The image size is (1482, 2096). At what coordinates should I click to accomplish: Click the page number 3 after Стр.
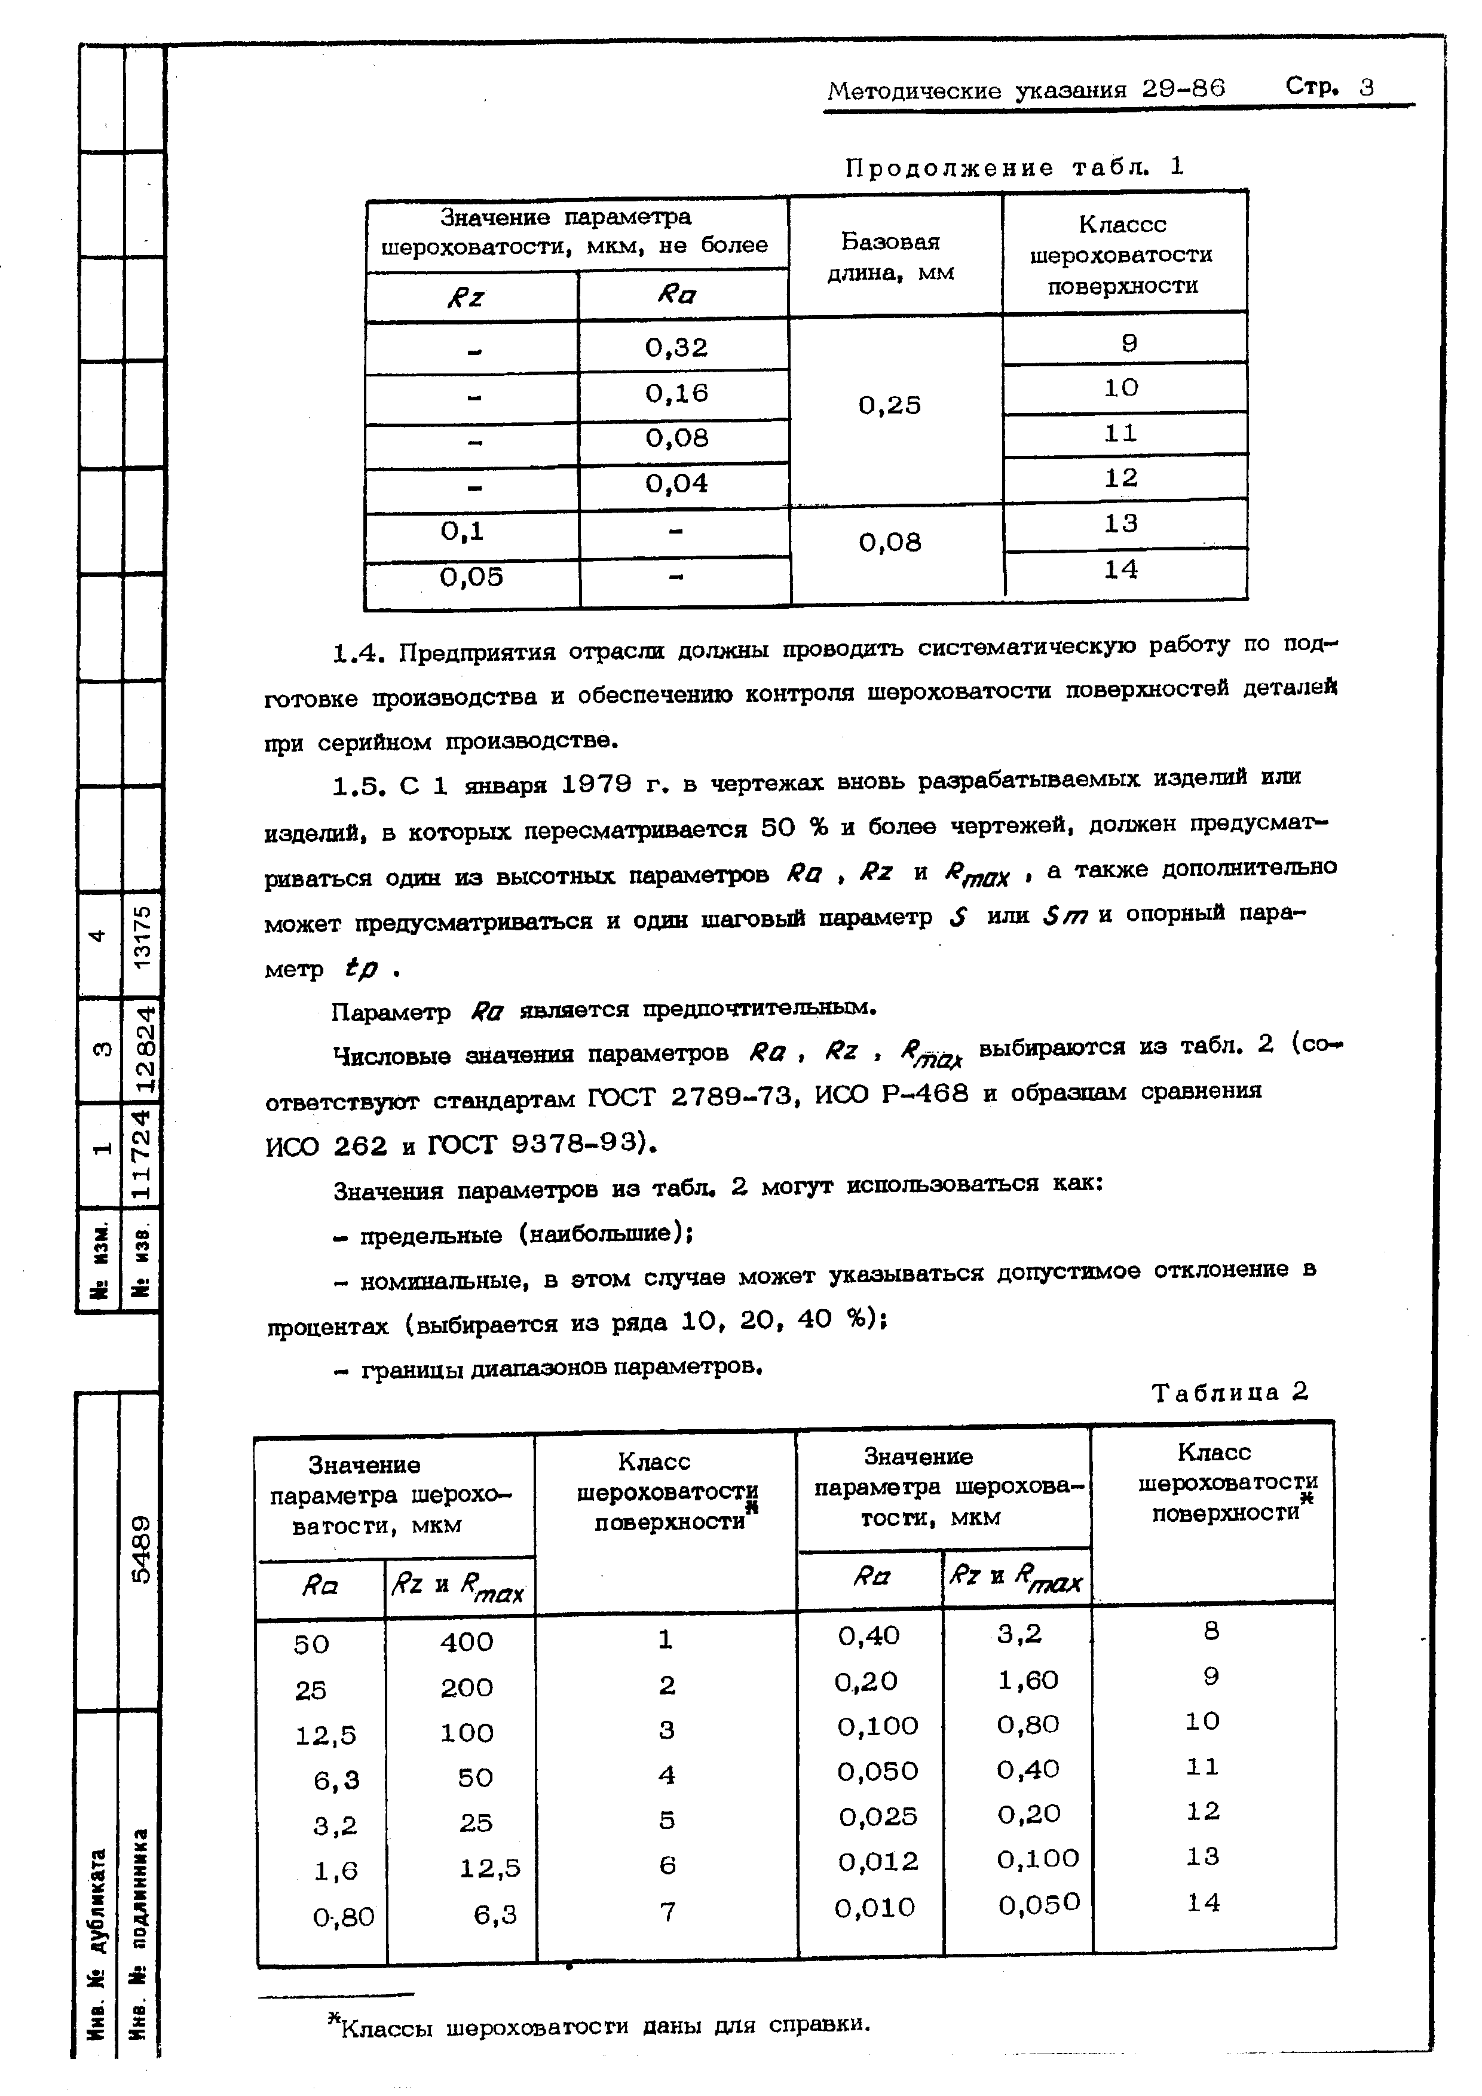(x=1366, y=88)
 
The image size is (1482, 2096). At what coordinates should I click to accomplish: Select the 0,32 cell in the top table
(x=676, y=347)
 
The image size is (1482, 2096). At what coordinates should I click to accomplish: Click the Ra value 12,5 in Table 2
(x=325, y=1735)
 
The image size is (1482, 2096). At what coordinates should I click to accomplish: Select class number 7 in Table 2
(x=667, y=1911)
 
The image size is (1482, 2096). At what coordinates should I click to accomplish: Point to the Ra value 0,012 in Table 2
(x=877, y=1861)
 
